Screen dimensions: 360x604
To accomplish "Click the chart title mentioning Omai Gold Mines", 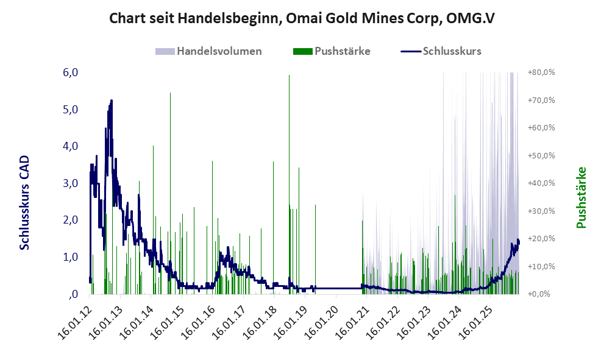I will click(302, 18).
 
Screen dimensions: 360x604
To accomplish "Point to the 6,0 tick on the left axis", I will click(71, 72).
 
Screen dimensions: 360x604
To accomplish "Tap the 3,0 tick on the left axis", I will click(71, 183).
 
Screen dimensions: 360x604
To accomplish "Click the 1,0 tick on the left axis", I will click(71, 257).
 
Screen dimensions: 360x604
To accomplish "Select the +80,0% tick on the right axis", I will click(541, 72).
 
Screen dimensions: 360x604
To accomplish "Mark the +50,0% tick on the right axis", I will click(541, 155).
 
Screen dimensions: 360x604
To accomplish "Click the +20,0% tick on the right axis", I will click(541, 239).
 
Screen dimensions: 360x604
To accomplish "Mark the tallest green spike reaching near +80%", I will click(289, 76).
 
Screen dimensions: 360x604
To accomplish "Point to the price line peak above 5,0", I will click(112, 101).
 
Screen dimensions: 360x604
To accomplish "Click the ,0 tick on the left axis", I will click(73, 294).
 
